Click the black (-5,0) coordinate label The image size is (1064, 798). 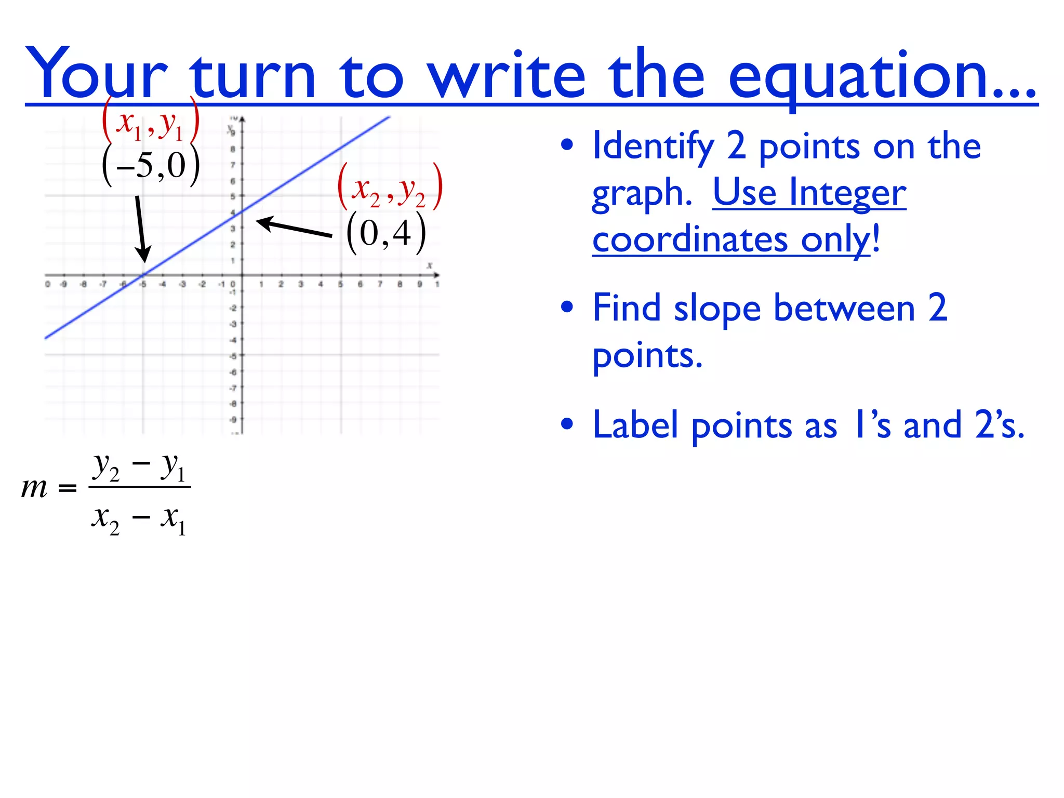pos(151,166)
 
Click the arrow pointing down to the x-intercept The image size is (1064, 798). pos(141,229)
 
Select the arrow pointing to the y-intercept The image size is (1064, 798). pos(294,228)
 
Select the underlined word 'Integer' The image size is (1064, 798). pos(847,193)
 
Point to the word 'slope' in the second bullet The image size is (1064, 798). pos(717,309)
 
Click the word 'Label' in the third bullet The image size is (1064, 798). pos(635,425)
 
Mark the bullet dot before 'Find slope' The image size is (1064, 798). pos(567,307)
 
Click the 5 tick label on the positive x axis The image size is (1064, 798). pos(340,285)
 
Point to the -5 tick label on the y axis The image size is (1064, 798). pos(233,356)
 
